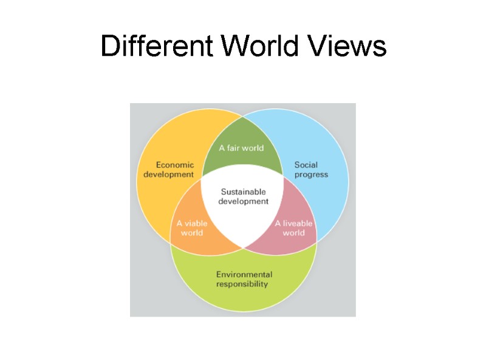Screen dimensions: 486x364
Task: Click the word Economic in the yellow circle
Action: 175,164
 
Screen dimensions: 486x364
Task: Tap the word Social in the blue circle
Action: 306,164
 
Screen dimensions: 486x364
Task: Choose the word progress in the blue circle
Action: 311,174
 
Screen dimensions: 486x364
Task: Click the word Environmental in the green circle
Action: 244,274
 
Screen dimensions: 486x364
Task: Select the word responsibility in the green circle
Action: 242,284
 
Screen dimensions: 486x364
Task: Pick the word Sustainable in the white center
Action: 243,192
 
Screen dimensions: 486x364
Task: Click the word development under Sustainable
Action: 243,201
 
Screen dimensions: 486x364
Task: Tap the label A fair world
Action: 241,148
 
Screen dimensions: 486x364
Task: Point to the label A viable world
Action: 192,227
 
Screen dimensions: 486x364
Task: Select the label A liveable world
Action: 294,227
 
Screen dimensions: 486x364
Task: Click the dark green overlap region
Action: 242,136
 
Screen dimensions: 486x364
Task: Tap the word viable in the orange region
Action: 196,223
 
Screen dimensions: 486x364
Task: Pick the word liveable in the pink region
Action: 298,223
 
